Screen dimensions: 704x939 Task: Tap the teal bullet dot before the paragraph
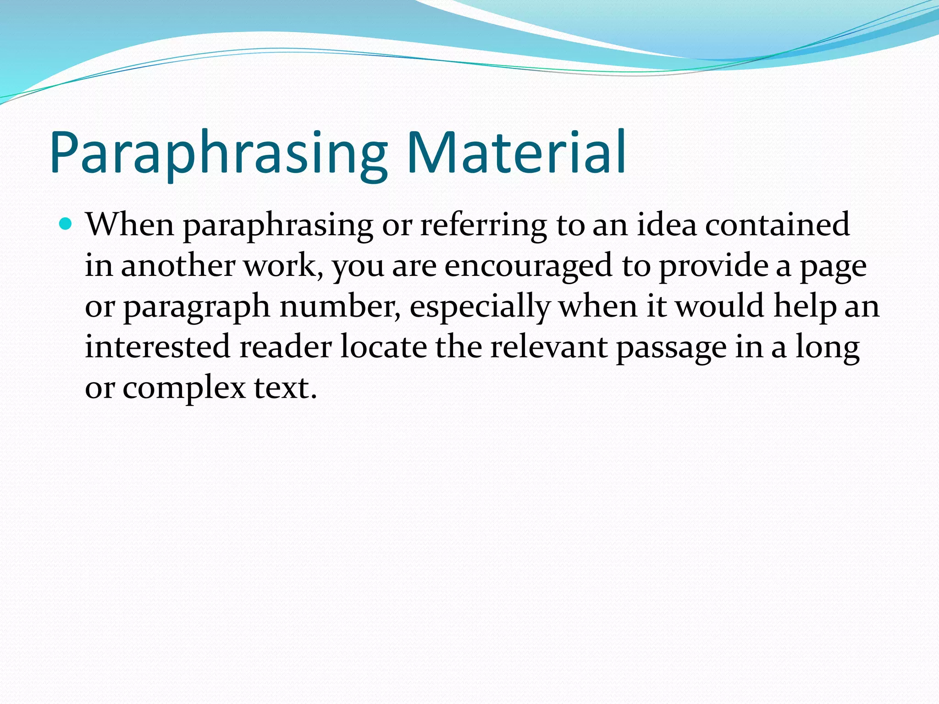click(x=66, y=224)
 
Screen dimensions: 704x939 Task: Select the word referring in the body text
click(x=483, y=225)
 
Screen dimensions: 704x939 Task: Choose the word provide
click(x=713, y=266)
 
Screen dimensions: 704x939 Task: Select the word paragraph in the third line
click(x=197, y=307)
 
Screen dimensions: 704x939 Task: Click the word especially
click(x=480, y=307)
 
